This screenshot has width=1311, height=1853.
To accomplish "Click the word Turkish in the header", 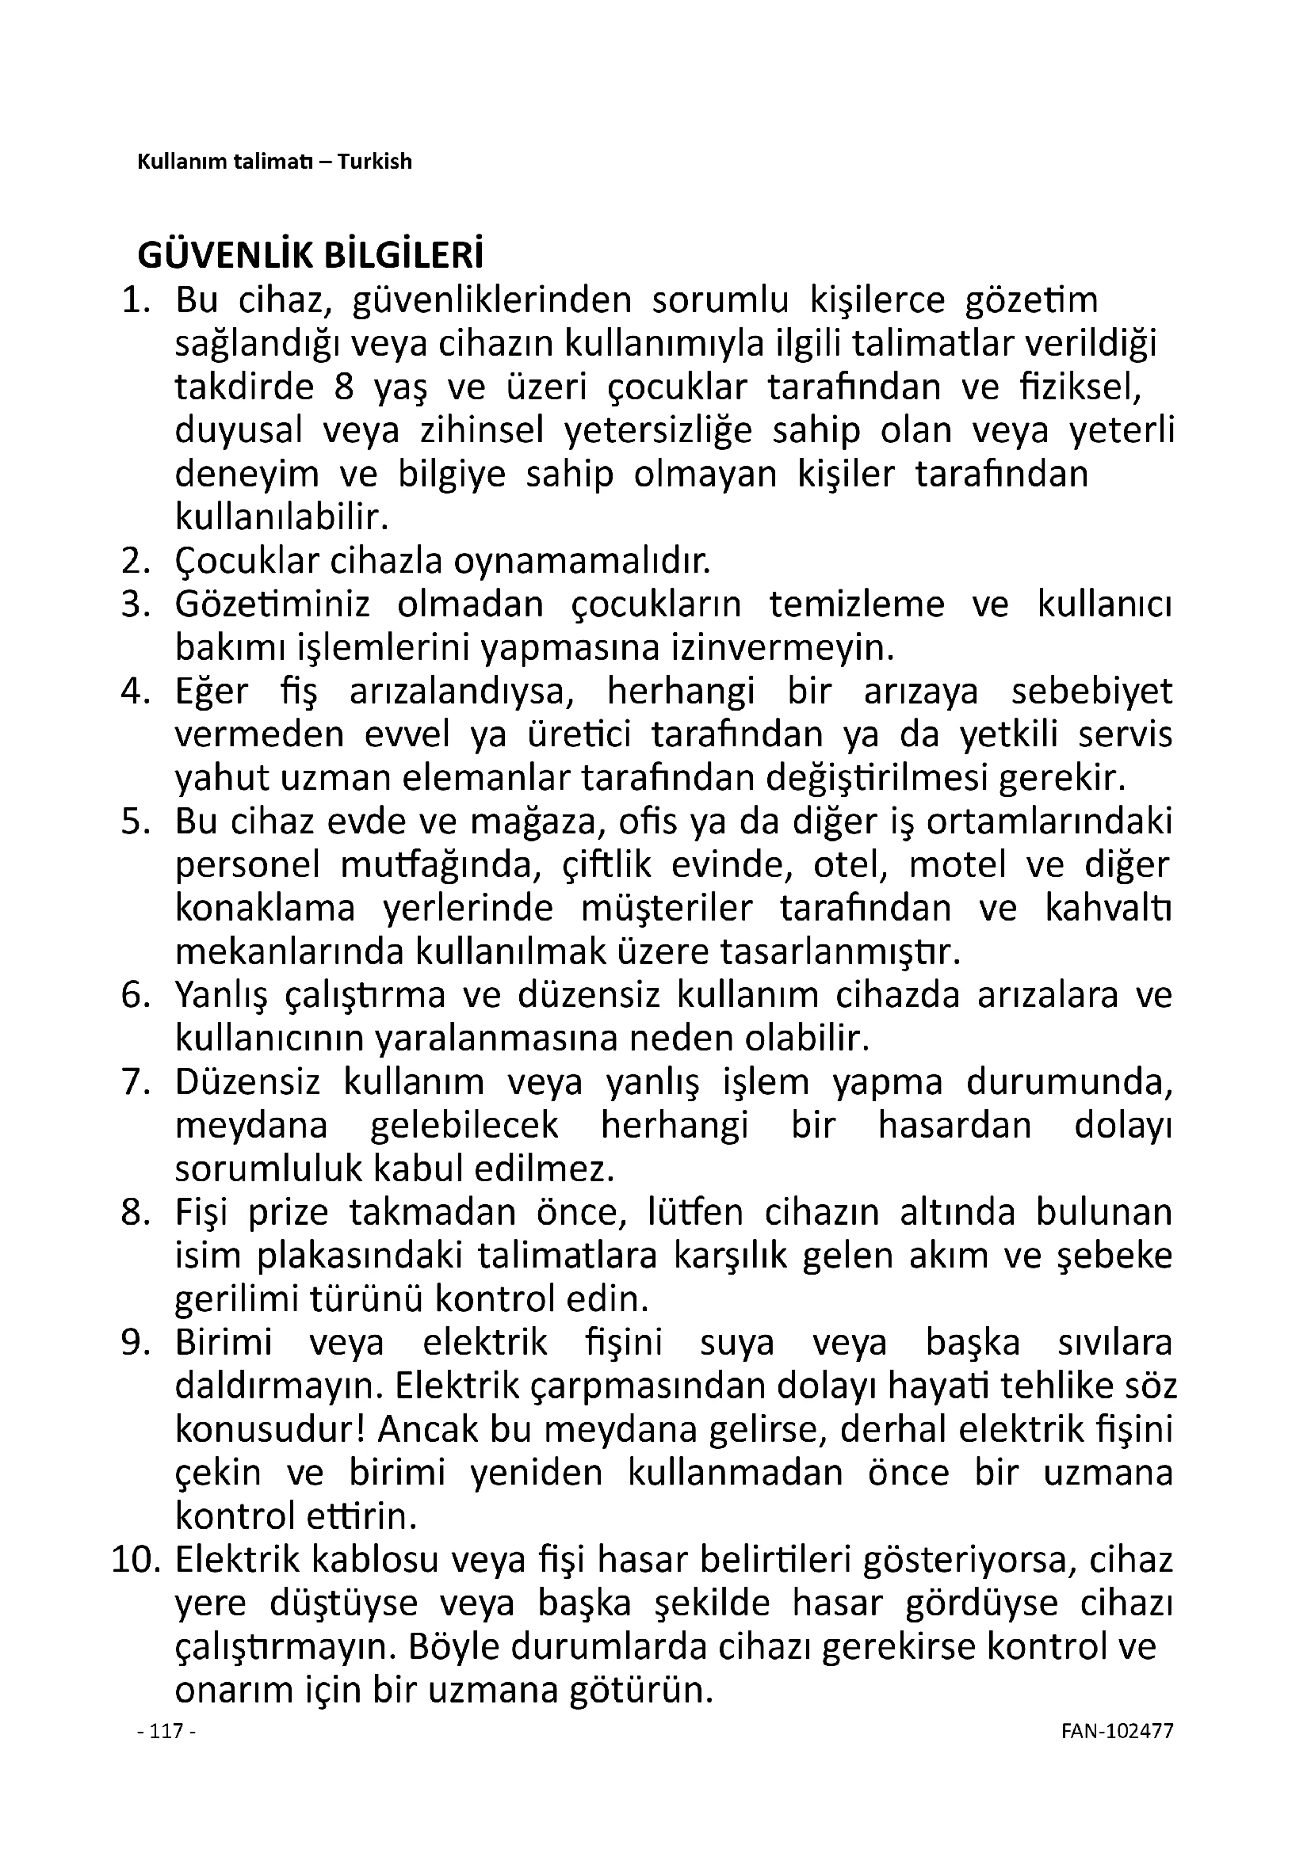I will pyautogui.click(x=375, y=162).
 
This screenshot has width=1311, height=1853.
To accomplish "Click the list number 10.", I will pyautogui.click(x=131, y=1560).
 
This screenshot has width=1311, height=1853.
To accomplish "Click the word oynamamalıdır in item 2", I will pyautogui.click(x=582, y=561).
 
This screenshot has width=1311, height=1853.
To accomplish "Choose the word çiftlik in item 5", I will pyautogui.click(x=606, y=865).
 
